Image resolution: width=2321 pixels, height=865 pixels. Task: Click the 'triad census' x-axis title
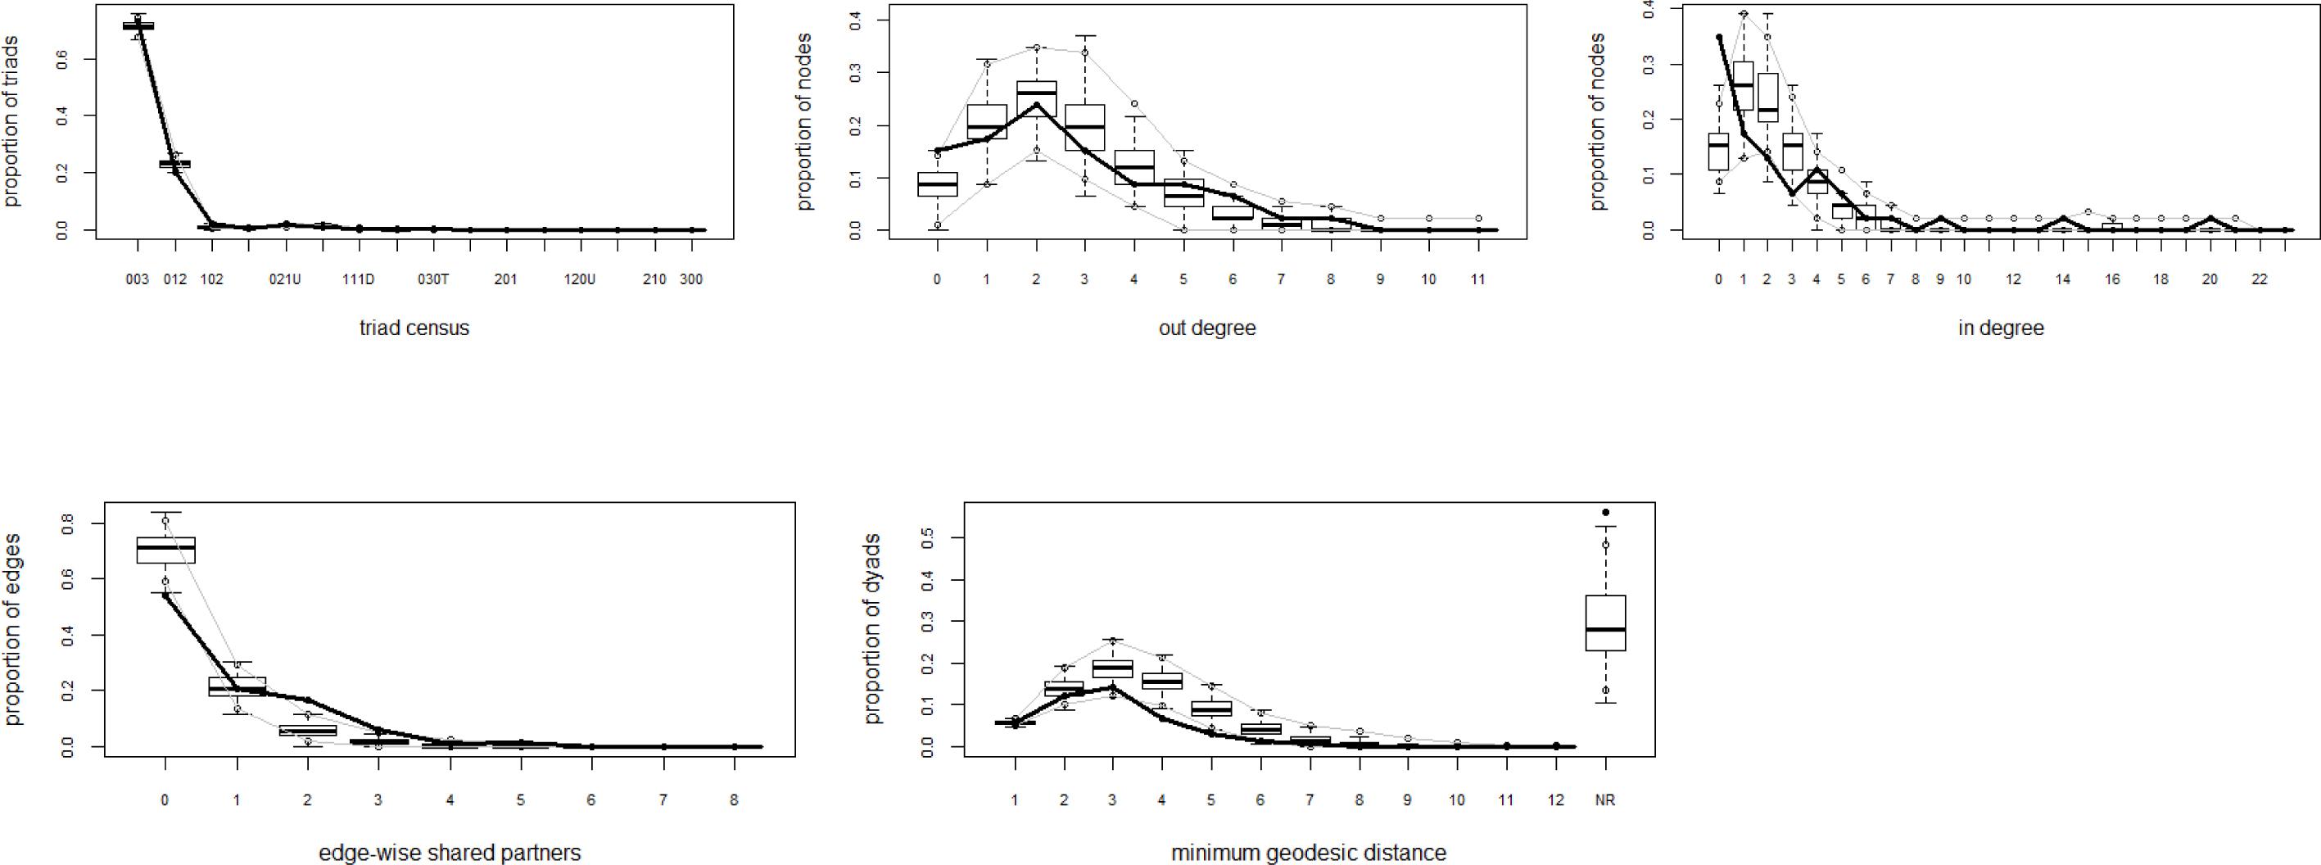pos(414,328)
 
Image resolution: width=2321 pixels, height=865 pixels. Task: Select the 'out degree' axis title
pos(1206,328)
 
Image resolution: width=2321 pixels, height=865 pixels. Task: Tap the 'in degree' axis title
pos(2000,328)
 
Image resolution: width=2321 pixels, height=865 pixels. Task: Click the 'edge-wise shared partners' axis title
pos(450,853)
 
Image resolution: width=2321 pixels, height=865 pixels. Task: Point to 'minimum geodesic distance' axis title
pos(1308,853)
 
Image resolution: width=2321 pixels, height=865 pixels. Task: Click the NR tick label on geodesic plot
pos(1604,800)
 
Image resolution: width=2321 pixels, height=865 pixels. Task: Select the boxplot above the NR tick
pos(1604,623)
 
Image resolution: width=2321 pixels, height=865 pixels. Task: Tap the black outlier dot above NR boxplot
pos(1604,513)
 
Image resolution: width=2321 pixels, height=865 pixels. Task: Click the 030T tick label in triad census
pos(432,279)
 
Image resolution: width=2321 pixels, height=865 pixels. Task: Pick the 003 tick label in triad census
pos(137,279)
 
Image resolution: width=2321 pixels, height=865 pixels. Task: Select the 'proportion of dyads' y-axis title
pos(872,629)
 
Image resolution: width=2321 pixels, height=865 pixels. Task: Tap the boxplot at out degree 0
pos(937,183)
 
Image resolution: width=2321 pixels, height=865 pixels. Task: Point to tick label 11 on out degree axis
pos(1477,279)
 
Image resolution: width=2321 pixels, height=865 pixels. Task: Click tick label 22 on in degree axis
pos(2258,279)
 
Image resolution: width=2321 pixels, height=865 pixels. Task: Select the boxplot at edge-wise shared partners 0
pos(165,550)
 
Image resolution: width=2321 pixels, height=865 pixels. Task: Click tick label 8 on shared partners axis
pos(735,800)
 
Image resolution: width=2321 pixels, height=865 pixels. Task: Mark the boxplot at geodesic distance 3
pos(1113,668)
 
